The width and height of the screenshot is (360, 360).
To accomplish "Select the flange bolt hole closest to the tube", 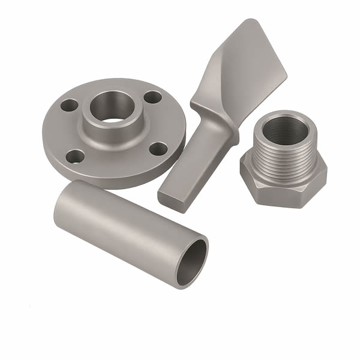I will coord(75,157).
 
